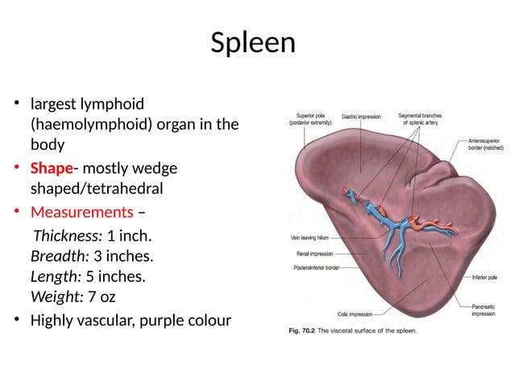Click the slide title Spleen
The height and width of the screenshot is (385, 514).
click(x=252, y=43)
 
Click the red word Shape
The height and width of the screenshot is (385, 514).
click(x=52, y=169)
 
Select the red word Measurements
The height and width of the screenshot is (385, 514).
click(x=81, y=213)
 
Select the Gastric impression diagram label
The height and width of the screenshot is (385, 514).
click(x=361, y=117)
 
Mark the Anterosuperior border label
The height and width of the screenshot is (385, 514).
click(x=487, y=145)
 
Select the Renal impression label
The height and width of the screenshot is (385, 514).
click(x=315, y=254)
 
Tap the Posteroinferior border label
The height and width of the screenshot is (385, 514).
click(x=316, y=267)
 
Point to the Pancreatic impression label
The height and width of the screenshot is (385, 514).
click(x=483, y=309)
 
